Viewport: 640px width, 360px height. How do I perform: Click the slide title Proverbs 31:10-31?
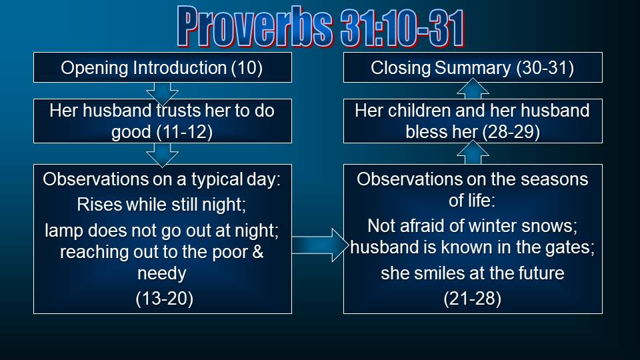[321, 27]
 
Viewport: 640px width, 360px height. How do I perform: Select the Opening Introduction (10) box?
[163, 67]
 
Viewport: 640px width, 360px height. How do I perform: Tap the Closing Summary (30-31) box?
[473, 67]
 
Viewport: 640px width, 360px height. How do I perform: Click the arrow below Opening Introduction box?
[162, 93]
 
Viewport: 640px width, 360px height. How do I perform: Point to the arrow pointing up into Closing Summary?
[473, 89]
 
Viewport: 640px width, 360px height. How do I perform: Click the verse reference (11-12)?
[185, 132]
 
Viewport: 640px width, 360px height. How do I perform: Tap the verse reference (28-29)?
[512, 132]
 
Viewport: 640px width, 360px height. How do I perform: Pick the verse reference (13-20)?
[164, 299]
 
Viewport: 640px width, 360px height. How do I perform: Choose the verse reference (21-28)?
[472, 299]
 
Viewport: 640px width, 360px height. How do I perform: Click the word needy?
[162, 274]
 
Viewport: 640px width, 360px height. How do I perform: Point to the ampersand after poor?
[257, 251]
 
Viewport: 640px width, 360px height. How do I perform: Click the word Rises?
[99, 205]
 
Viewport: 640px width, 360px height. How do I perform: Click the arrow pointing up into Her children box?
[473, 153]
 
